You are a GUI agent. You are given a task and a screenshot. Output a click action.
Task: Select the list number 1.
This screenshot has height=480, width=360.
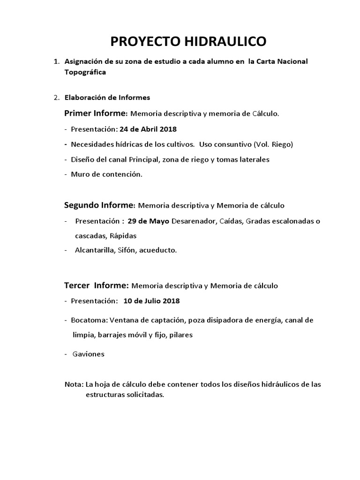56,62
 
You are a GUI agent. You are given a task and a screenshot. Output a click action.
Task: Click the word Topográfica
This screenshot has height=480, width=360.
85,72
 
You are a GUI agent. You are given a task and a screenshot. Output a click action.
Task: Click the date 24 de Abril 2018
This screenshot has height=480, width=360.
148,129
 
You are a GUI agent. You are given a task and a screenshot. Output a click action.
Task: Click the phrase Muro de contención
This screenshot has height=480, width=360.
106,174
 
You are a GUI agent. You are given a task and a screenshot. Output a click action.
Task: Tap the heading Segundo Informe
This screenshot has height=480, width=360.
99,205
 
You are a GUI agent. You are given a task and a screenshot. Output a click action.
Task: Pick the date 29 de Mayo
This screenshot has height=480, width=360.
149,221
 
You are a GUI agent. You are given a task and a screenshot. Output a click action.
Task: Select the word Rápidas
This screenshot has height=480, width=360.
123,236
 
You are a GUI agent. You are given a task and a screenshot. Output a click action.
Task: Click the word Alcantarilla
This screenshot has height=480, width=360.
94,251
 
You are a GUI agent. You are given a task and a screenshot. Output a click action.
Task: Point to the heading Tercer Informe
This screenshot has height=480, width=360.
96,285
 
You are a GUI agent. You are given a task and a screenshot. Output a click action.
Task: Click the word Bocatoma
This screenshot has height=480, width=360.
89,320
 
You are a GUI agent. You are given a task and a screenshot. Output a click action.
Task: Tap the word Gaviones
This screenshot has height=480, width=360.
88,354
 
